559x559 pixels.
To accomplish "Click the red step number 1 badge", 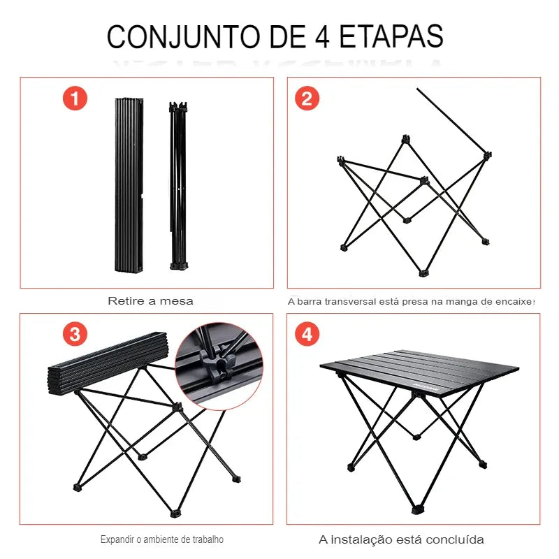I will pyautogui.click(x=75, y=98).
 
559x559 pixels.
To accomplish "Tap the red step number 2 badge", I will pyautogui.click(x=306, y=99).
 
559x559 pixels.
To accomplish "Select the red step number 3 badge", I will pyautogui.click(x=75, y=333).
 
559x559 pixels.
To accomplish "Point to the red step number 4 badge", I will pyautogui.click(x=306, y=334).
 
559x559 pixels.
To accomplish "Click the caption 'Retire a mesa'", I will pyautogui.click(x=150, y=301).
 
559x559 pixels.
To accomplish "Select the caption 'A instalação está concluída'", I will pyautogui.click(x=401, y=539).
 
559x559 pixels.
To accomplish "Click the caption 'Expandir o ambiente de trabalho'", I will pyautogui.click(x=162, y=539).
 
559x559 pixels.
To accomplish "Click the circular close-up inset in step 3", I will pyautogui.click(x=219, y=365).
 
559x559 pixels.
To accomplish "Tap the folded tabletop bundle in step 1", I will pyautogui.click(x=129, y=185).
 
